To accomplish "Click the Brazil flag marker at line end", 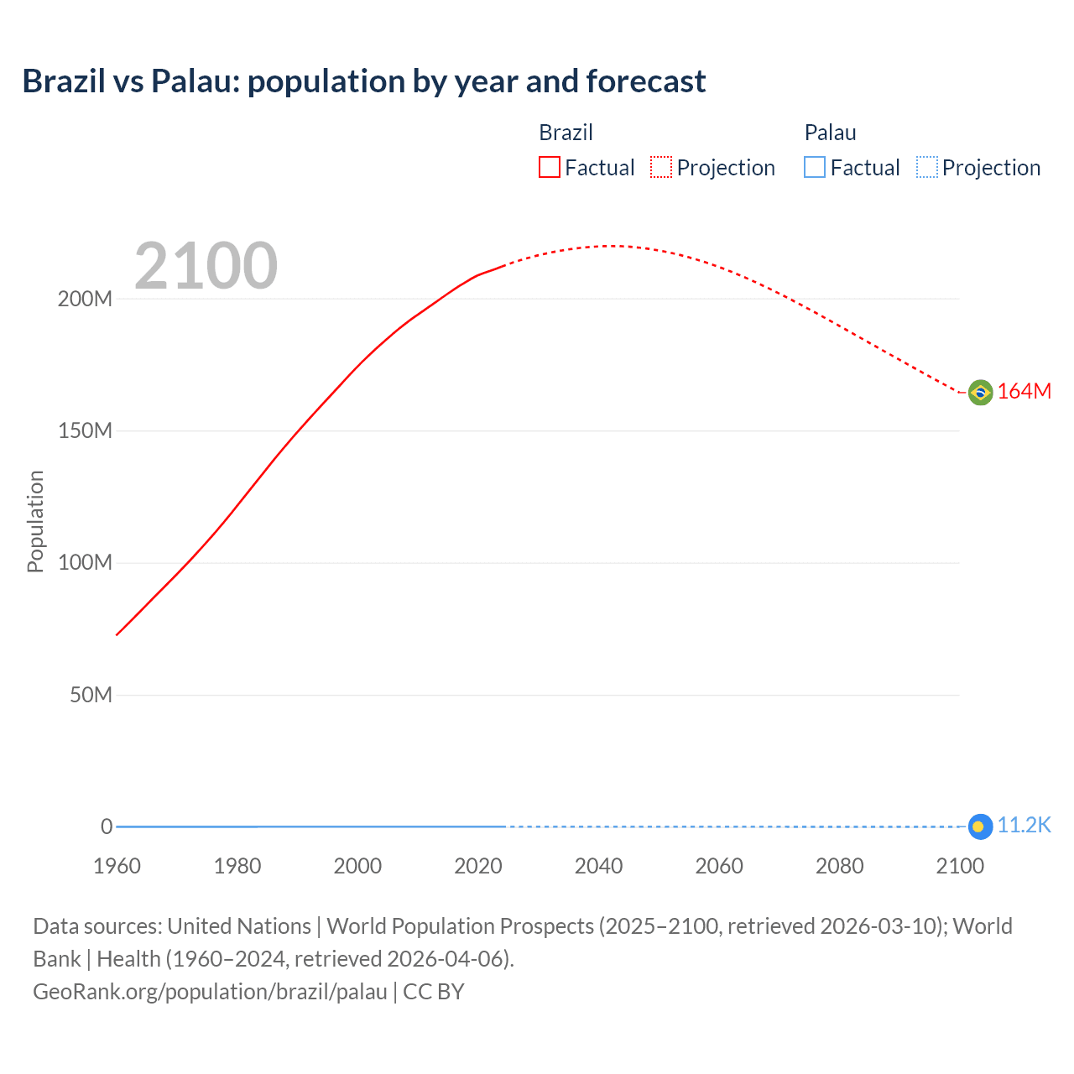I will click(x=980, y=392).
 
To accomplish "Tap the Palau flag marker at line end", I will click(x=980, y=826).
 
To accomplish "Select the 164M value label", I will click(x=1024, y=392).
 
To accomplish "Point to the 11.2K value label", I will click(x=1024, y=826).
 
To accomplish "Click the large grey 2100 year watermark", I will click(x=206, y=266).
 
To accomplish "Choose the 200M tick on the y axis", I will click(x=85, y=300).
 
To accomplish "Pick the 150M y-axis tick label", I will click(x=85, y=431).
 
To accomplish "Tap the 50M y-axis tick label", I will click(x=91, y=696).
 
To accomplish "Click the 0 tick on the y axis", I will click(x=107, y=827).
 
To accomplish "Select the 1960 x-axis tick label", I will click(x=117, y=867).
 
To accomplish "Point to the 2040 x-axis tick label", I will click(x=598, y=867).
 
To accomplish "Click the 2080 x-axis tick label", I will click(x=839, y=867).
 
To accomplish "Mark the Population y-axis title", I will click(x=35, y=521).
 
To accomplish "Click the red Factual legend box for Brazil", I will click(x=549, y=168).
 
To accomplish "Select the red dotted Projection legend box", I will click(x=661, y=168).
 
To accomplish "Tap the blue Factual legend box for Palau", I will click(x=814, y=168).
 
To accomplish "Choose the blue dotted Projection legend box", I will click(x=926, y=168).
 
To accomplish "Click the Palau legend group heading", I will click(x=830, y=133).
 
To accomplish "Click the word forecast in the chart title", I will click(x=646, y=81).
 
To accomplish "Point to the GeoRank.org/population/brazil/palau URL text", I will click(x=210, y=992).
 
